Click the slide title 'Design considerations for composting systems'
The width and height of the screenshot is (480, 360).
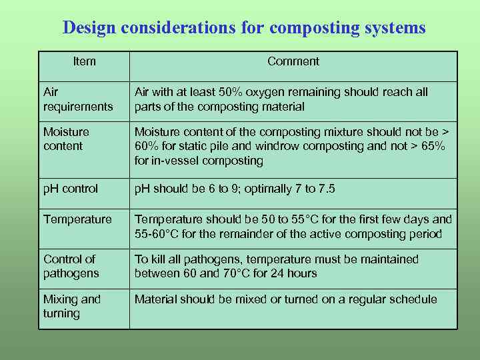point(243,28)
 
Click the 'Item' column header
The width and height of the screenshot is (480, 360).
point(85,61)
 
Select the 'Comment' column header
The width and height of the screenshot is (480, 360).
point(293,61)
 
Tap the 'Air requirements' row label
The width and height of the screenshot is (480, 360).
point(78,99)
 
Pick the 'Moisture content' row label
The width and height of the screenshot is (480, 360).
point(66,139)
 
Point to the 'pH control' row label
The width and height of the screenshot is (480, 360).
point(71,189)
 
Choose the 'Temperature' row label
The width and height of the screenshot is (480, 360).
point(77,219)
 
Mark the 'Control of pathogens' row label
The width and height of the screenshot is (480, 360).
point(71,266)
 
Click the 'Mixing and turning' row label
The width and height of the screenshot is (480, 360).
point(72,306)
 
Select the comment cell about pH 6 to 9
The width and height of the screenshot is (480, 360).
point(235,189)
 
